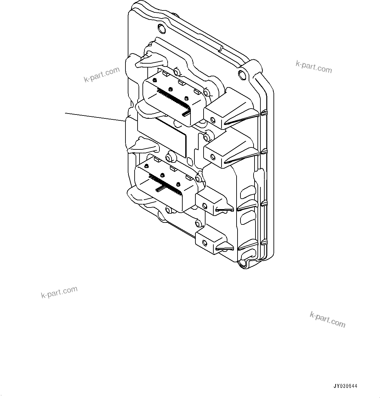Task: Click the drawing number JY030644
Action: tap(345, 386)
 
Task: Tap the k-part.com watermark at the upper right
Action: tap(313, 67)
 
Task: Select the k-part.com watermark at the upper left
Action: tap(102, 75)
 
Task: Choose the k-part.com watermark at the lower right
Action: tap(327, 319)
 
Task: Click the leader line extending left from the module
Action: tap(95, 117)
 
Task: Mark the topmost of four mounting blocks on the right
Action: tap(229, 111)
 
